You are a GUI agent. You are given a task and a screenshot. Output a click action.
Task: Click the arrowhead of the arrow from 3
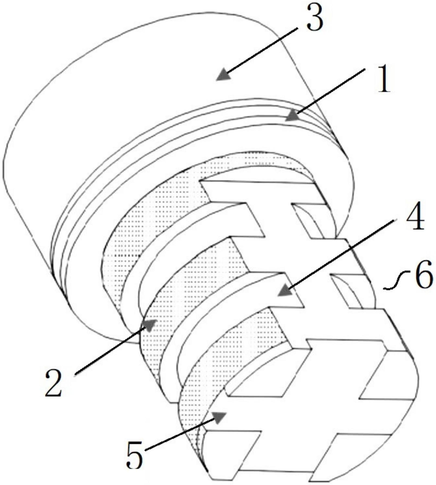click(223, 75)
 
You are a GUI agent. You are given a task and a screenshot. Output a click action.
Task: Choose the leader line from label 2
click(111, 350)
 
